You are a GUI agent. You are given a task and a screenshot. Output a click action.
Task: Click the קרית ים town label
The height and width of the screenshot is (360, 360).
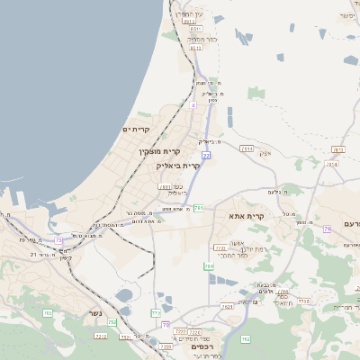[x=136, y=130]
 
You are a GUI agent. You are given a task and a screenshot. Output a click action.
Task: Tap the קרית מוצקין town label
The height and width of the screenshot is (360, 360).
[x=160, y=151]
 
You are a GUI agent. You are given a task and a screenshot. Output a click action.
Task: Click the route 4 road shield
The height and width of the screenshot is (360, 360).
[x=193, y=105]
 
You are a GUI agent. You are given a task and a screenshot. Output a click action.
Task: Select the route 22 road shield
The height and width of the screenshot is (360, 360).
[x=206, y=155]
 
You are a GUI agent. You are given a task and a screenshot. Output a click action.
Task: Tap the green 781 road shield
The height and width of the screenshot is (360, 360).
[x=198, y=208]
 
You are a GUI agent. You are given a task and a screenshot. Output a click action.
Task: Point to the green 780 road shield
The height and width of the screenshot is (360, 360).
[x=208, y=265]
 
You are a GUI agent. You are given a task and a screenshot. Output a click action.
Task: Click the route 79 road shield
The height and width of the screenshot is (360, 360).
[x=328, y=229]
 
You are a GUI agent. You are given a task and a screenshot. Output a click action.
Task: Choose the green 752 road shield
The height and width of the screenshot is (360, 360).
[x=112, y=321]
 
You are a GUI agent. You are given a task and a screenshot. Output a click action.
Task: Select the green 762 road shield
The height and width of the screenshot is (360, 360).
[x=227, y=306]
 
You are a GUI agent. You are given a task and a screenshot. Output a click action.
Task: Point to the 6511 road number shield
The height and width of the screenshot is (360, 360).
[x=196, y=30]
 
